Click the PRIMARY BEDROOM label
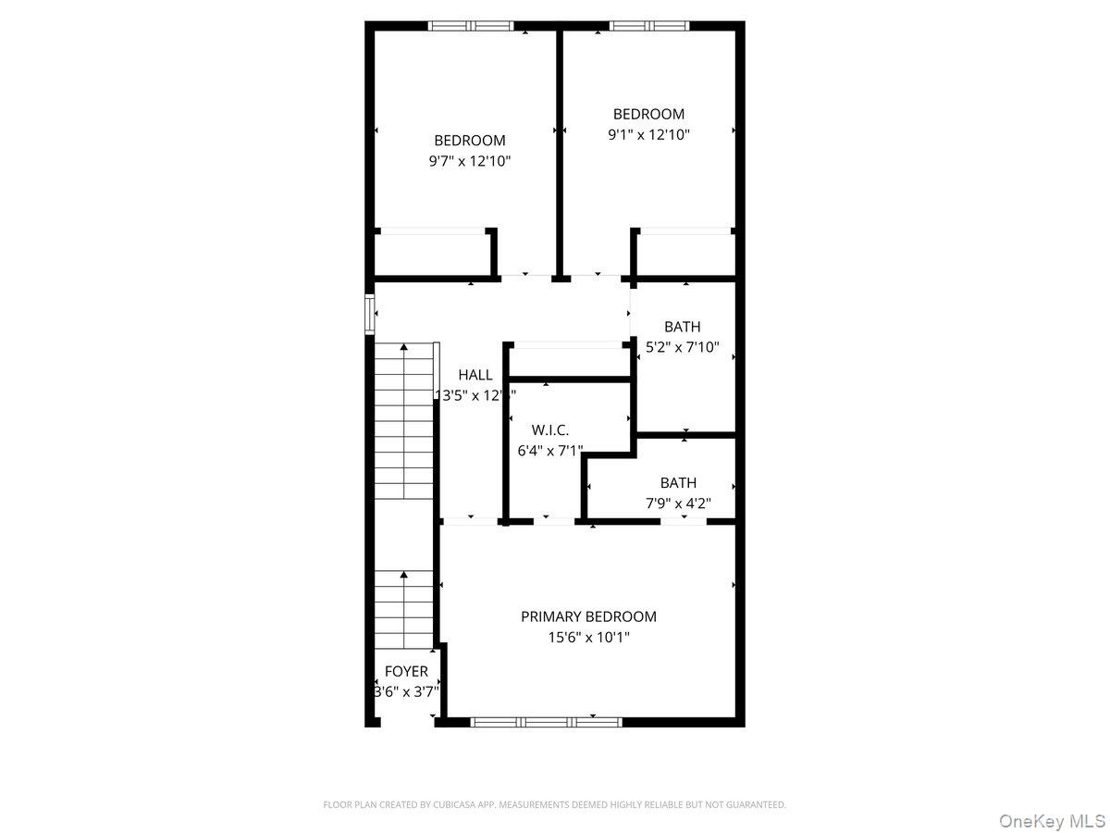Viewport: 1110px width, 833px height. (588, 616)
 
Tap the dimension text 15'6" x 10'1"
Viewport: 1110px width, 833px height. (588, 638)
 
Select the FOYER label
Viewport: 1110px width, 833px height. (406, 671)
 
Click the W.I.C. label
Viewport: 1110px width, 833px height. (549, 430)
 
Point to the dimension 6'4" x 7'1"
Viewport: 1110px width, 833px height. (549, 452)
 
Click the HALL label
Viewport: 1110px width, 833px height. (475, 375)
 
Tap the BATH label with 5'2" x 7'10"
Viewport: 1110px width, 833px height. (682, 327)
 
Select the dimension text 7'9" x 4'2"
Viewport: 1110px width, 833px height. (678, 504)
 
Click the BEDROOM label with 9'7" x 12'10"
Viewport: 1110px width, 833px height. (470, 141)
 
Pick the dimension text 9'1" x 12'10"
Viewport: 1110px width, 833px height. (648, 135)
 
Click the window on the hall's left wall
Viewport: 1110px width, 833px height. (370, 314)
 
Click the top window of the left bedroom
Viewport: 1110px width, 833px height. (470, 26)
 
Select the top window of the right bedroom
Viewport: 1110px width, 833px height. (648, 26)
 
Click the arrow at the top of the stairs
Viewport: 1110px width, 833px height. (404, 349)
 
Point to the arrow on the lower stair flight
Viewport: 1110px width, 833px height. (404, 577)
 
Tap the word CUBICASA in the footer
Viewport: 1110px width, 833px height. (452, 805)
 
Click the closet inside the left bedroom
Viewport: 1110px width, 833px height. (431, 253)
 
